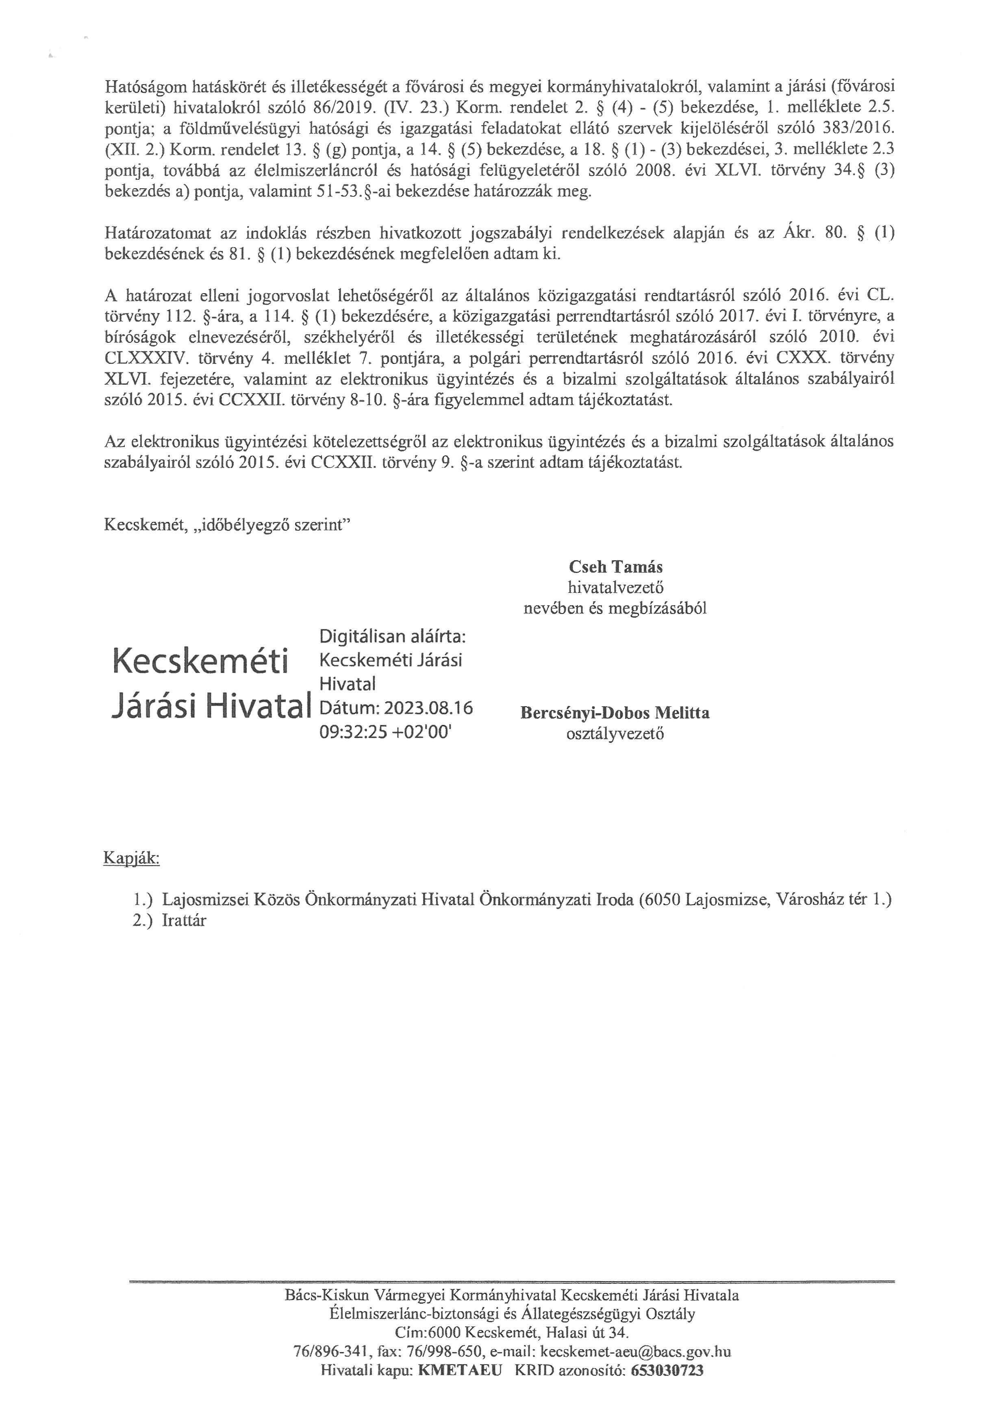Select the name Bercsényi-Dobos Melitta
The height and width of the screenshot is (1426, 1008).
click(615, 712)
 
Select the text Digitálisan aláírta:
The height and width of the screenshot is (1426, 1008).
click(392, 637)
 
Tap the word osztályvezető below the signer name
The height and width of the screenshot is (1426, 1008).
click(615, 734)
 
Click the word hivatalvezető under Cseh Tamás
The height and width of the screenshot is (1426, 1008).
click(615, 587)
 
